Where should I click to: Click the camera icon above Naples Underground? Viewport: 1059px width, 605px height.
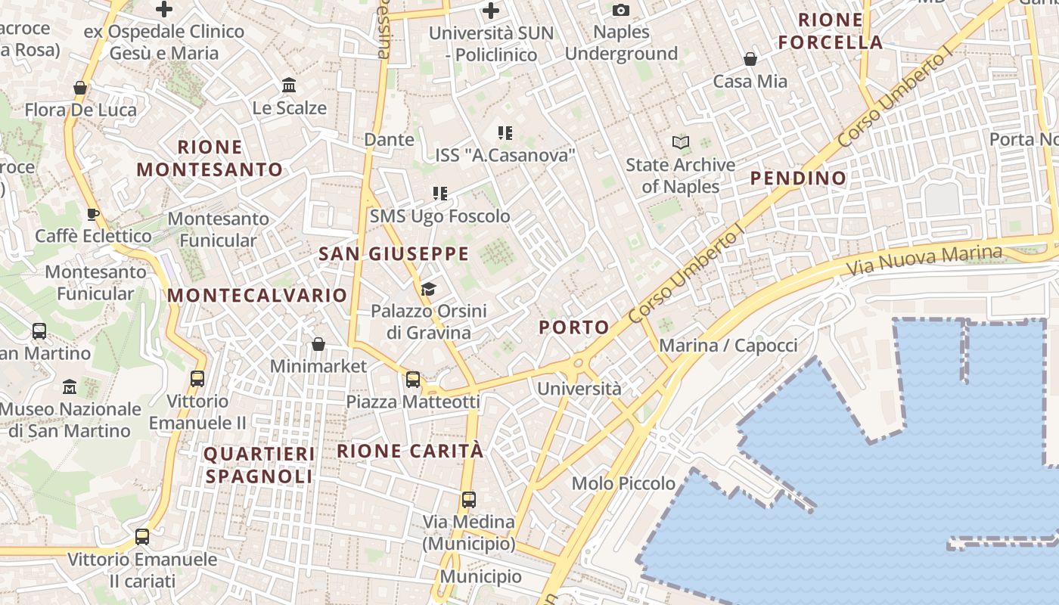coord(621,10)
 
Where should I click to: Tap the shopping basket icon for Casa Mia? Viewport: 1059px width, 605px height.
coord(750,59)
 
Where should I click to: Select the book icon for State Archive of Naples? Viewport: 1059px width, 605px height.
coord(681,142)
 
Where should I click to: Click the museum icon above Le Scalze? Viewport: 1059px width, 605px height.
coord(289,85)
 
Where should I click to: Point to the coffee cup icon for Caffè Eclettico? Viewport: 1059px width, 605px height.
coord(93,214)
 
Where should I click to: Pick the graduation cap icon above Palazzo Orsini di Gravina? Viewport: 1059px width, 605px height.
coord(429,289)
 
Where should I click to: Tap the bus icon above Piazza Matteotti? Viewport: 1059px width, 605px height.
coord(413,379)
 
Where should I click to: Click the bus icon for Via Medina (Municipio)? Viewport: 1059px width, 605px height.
coord(469,499)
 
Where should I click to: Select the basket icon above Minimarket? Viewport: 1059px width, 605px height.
coord(318,344)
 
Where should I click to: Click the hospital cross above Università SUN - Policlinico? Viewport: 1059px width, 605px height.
coord(491,11)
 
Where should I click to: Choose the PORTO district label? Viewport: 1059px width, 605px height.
coord(574,327)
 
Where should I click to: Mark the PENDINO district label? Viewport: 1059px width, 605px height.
coord(798,178)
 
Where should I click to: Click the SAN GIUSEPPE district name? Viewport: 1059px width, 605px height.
coord(393,254)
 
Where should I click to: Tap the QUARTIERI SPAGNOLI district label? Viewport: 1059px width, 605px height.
coord(259,465)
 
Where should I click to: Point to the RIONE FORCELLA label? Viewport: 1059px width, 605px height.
coord(831,31)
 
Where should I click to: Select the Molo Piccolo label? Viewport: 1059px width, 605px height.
coord(623,483)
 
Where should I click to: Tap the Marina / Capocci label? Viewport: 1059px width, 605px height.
coord(728,346)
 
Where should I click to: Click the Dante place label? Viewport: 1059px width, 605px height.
coord(390,139)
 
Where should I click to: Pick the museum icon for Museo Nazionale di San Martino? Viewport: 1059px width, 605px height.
coord(70,386)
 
